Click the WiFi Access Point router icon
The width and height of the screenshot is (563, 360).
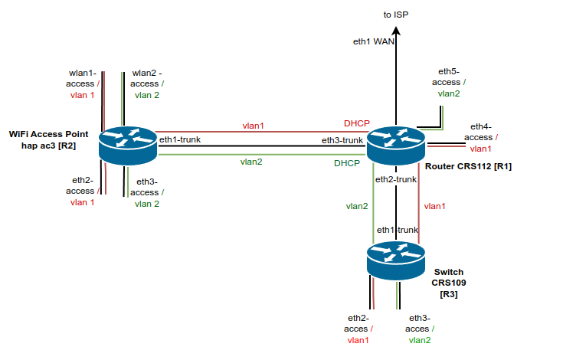129,145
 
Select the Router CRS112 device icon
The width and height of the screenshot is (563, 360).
395,144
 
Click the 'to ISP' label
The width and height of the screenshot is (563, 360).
396,15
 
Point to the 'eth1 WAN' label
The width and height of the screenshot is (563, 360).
374,43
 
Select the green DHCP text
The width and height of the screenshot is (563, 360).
347,163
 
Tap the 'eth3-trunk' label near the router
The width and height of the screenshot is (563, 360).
342,140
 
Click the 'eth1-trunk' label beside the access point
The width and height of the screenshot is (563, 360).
179,140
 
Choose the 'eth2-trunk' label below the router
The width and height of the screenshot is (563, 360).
395,179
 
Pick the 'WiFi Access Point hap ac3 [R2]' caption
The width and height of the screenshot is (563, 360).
54,139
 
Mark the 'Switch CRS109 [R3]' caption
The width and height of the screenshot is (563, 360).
448,283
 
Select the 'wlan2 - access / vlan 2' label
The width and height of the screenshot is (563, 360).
147,84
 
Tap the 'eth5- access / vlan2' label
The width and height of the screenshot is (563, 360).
449,82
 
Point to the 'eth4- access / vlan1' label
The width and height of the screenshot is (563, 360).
480,137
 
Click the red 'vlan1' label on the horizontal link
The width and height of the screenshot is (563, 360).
253,126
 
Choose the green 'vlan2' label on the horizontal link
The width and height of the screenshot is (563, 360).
251,162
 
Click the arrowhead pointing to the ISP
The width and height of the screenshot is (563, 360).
395,30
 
